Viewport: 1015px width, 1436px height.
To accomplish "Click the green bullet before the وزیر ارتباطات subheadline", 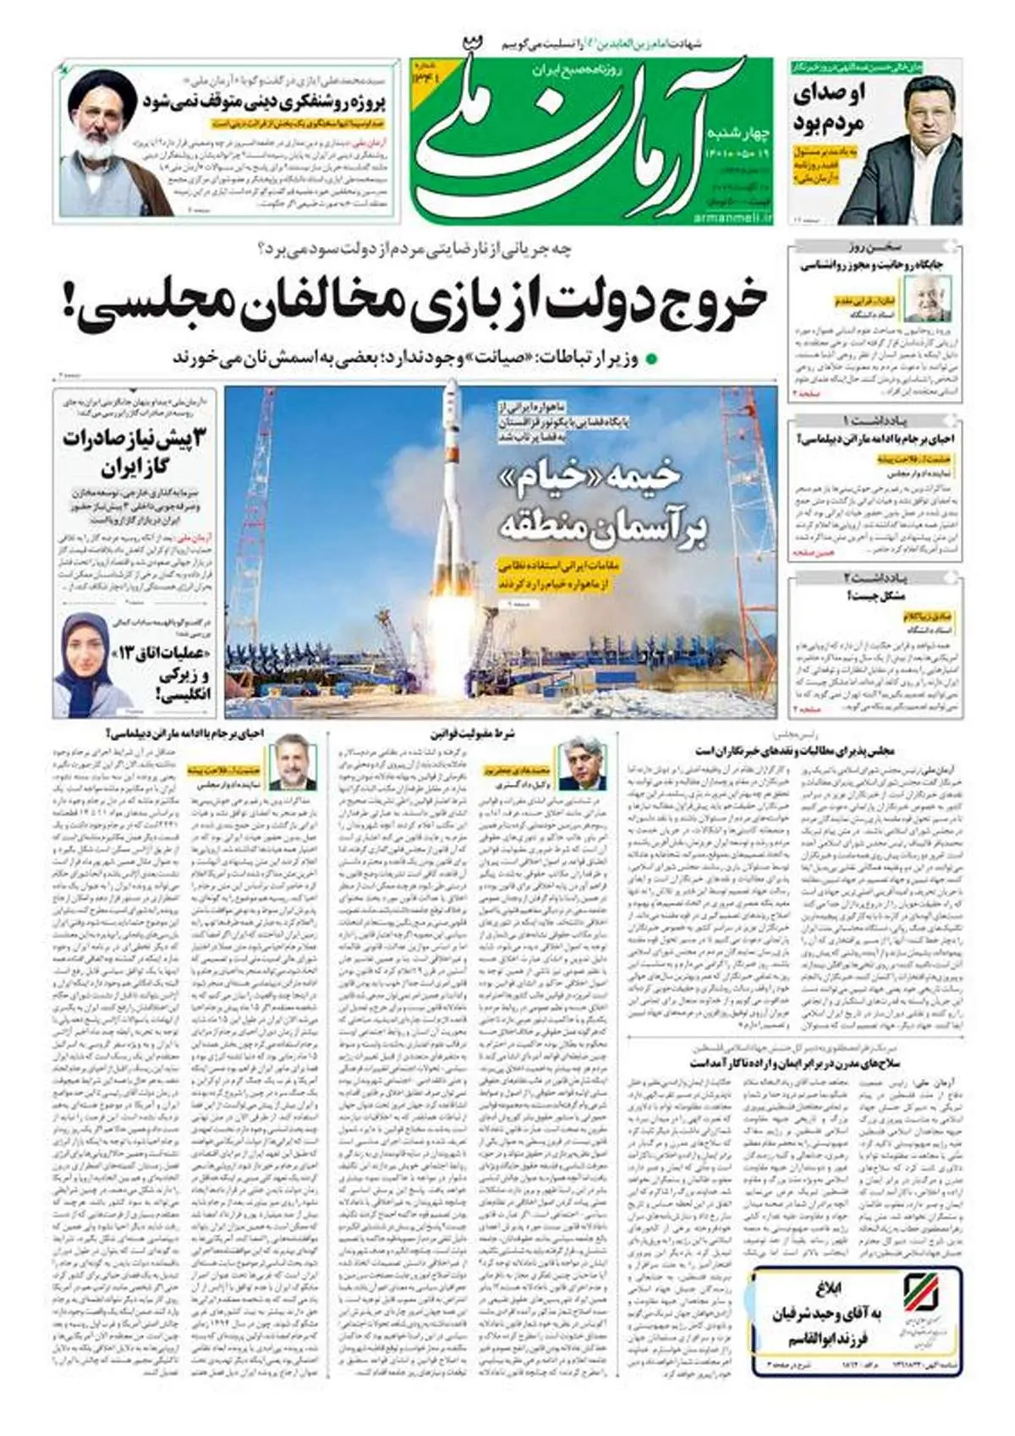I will [651, 359].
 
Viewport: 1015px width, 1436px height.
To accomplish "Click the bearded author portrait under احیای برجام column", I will [292, 765].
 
